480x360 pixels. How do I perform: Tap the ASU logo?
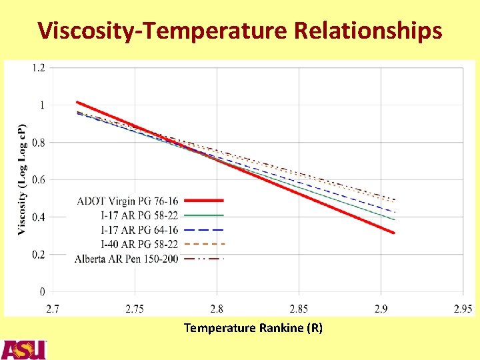coord(23,349)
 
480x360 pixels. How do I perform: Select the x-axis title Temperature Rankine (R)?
coord(253,328)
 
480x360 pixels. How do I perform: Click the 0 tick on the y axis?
coord(42,291)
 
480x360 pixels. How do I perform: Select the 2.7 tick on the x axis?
coord(53,309)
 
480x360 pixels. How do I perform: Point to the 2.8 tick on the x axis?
coord(217,309)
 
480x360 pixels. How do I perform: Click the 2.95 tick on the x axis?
coord(462,309)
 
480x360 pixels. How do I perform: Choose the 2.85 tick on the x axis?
coord(299,309)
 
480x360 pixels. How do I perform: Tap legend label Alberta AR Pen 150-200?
coord(127,259)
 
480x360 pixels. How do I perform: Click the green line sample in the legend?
coord(203,215)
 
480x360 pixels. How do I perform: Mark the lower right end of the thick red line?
coord(394,233)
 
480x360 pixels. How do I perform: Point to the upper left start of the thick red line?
coord(78,102)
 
